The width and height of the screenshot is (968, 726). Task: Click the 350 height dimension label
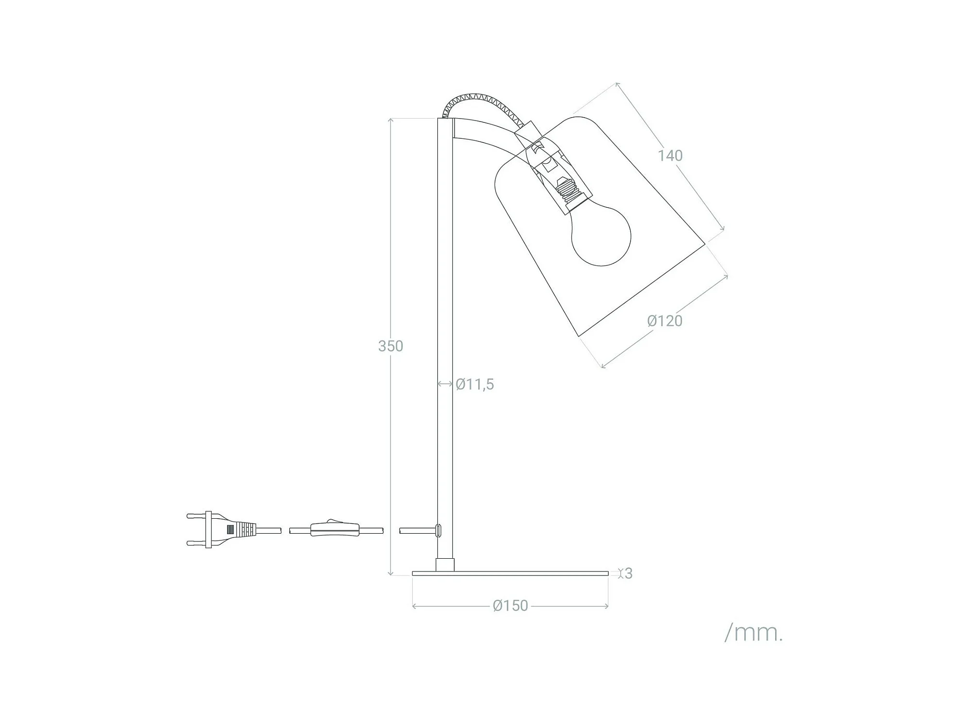tap(390, 346)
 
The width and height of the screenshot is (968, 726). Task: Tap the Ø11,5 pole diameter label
tap(475, 384)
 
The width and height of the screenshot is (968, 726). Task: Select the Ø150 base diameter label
tap(511, 605)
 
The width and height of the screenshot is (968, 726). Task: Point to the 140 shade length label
tap(671, 155)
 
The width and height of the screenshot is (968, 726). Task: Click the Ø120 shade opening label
tap(665, 321)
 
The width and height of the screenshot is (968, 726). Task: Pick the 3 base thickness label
tap(628, 573)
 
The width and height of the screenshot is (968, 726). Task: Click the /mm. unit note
tap(753, 632)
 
